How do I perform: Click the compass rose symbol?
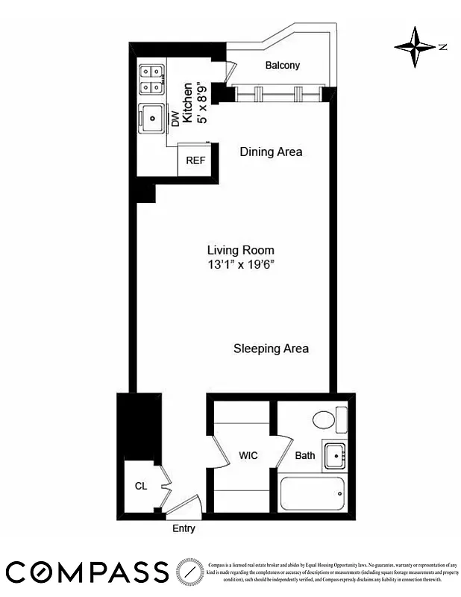[415, 47]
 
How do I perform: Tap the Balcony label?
[283, 66]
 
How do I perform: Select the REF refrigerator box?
[195, 160]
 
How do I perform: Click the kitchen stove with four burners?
[151, 79]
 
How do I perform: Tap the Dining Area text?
[271, 151]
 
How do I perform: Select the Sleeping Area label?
[271, 348]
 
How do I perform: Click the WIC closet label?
[248, 455]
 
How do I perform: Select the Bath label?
[305, 455]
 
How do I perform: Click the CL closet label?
[140, 486]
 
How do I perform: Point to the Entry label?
[184, 528]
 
